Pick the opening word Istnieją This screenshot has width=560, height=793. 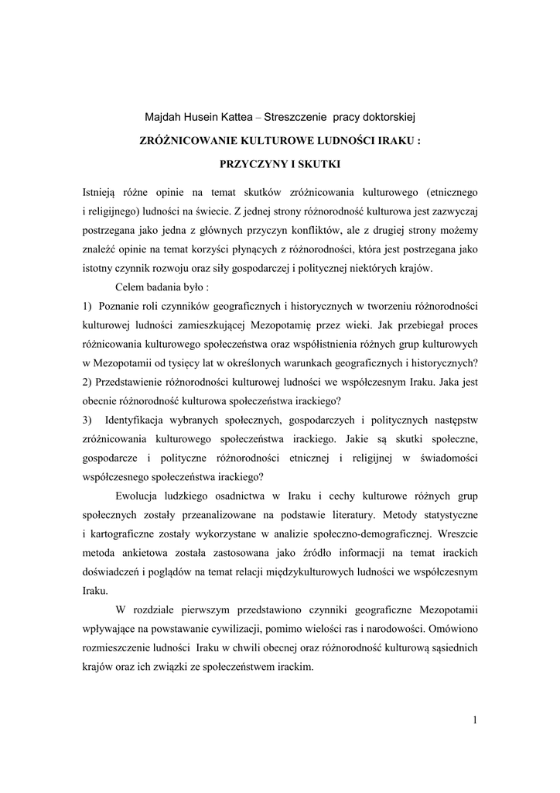pos(102,190)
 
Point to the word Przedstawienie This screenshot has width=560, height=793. pos(136,382)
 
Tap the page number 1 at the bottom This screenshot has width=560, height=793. pos(475,722)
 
